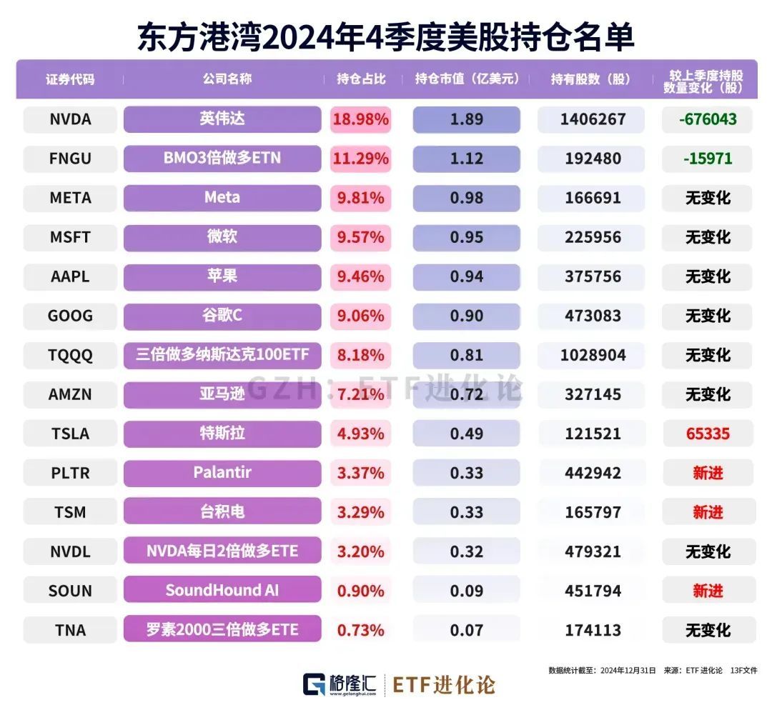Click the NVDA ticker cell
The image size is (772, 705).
tap(70, 119)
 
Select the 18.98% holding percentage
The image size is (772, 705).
tap(360, 119)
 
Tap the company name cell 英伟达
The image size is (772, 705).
tap(222, 119)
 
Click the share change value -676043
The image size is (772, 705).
tap(708, 119)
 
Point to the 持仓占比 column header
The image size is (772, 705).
tap(361, 79)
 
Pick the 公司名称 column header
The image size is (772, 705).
tap(222, 79)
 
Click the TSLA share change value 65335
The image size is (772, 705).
tap(708, 434)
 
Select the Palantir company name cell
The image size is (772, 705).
tap(222, 472)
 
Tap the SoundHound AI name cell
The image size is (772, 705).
tap(222, 590)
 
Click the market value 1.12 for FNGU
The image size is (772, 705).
tap(466, 159)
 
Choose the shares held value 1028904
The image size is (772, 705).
tap(591, 355)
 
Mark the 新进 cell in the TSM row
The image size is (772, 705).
tap(708, 512)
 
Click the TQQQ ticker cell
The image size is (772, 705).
tap(70, 355)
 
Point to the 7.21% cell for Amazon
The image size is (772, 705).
tap(360, 394)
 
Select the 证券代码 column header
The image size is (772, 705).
tap(70, 79)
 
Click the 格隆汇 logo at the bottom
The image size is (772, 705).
tap(340, 684)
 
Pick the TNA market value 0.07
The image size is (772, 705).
tap(466, 630)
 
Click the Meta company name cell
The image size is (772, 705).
tap(222, 197)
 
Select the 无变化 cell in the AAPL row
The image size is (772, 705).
tap(708, 276)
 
